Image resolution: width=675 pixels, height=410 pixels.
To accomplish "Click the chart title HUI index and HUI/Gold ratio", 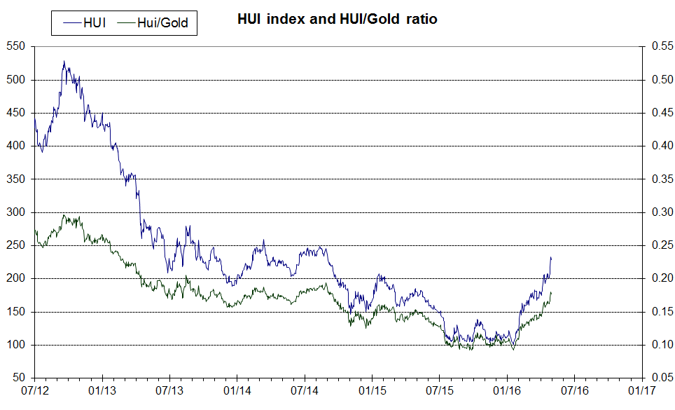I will [337, 20].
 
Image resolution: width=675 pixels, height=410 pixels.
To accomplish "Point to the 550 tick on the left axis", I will [16, 46].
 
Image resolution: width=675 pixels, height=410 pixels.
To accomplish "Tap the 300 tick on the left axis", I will [16, 212].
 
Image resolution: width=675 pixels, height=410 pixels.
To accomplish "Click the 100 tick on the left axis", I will [16, 345].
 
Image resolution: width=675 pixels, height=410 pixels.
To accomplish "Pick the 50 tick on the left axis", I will [19, 378].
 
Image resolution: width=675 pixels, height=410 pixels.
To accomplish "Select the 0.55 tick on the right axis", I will [662, 46].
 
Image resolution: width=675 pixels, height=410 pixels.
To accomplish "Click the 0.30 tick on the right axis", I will [662, 212].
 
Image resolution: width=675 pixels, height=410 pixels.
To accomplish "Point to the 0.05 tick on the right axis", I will [662, 378].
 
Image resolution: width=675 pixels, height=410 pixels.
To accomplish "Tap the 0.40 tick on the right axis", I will [662, 146].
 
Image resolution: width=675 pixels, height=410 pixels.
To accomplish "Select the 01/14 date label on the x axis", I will [237, 389].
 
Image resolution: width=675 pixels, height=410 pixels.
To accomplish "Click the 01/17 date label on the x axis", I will [641, 389].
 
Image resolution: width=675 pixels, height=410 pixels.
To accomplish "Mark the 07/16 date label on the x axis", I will [574, 389].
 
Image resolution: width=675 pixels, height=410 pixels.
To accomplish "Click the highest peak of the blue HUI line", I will [64, 61].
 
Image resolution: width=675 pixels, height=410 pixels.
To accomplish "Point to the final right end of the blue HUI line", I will [551, 258].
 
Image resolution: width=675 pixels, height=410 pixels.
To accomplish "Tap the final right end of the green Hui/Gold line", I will [551, 292].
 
